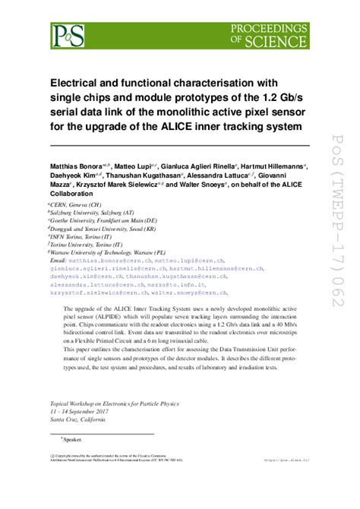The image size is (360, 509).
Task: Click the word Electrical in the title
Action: (79, 83)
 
